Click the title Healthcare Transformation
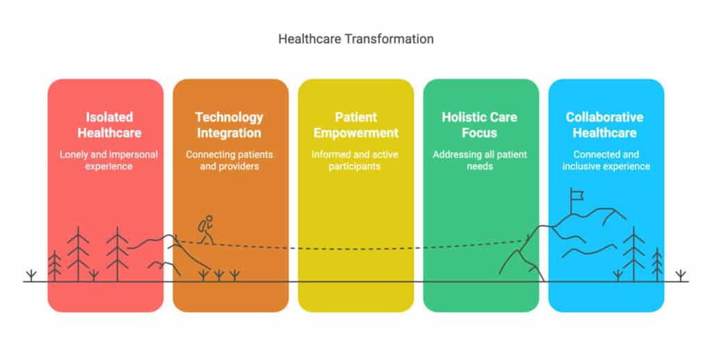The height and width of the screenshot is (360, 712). [355, 39]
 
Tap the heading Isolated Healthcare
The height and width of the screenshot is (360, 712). [109, 125]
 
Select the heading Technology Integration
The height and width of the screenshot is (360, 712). [229, 125]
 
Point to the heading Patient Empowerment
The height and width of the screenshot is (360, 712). [355, 125]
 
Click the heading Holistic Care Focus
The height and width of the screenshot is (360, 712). [480, 125]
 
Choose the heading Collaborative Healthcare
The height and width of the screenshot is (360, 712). [604, 125]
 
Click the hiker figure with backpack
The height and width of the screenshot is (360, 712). [206, 229]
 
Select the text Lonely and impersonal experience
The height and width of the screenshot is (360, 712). [108, 161]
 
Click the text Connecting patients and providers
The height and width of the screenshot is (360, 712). [229, 161]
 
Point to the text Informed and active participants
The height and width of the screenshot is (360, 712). [355, 161]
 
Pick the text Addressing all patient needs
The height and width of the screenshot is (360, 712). [480, 161]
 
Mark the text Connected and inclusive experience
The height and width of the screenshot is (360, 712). [606, 161]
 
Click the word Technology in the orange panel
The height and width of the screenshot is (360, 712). [229, 117]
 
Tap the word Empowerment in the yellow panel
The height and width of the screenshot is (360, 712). [355, 133]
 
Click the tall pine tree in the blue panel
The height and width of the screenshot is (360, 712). [633, 254]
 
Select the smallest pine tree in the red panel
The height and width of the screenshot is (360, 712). [54, 266]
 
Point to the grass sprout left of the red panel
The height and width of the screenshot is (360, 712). [31, 276]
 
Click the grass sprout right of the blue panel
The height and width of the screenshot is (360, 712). [680, 276]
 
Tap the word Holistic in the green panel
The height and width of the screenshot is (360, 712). [461, 117]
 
